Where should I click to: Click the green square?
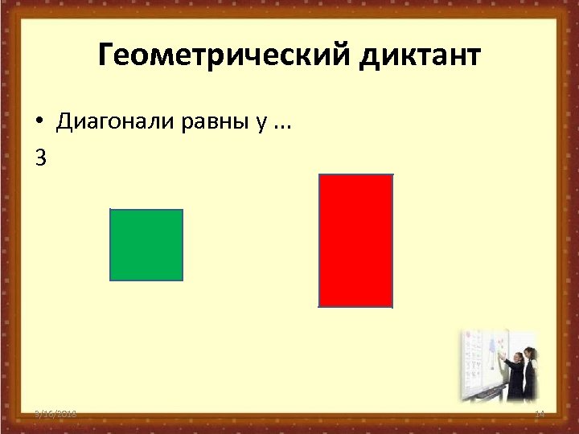[x=146, y=245]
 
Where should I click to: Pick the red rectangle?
[x=356, y=241]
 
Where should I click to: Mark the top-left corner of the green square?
[x=111, y=210]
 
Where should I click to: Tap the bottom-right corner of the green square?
[x=182, y=280]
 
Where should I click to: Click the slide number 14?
[x=539, y=413]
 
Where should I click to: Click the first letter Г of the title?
[x=105, y=56]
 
